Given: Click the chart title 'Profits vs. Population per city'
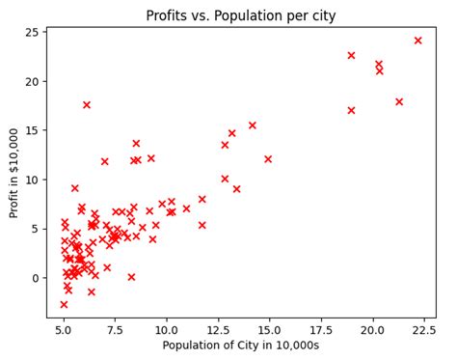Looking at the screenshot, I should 241,15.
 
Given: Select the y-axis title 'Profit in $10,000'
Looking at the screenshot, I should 14,172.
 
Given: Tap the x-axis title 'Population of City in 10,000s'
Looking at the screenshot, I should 241,345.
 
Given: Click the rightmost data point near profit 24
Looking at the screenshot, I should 417,41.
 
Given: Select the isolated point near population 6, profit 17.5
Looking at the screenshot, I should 87,105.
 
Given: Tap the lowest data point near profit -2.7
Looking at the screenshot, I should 64,304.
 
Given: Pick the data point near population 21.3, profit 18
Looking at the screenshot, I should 399,101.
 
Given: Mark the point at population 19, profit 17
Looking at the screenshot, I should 351,110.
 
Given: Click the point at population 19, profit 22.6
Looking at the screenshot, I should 351,55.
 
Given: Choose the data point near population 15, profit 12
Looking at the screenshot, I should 268,159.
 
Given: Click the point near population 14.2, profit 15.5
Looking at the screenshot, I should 253,125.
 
